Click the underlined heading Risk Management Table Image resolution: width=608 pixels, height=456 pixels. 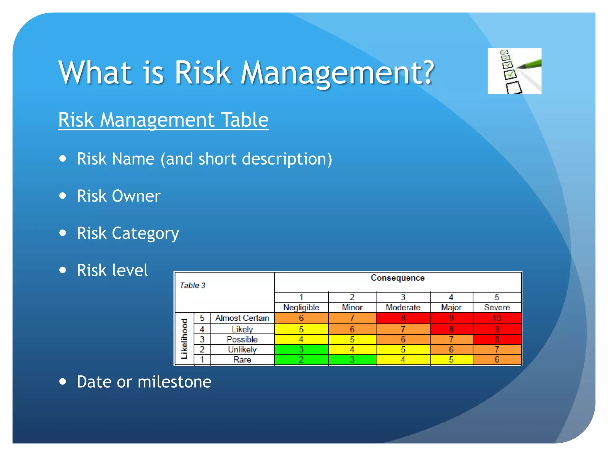click(163, 120)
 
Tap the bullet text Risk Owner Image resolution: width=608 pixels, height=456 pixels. click(118, 196)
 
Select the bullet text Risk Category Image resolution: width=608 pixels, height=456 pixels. click(128, 233)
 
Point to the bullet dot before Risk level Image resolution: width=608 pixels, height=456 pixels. click(63, 270)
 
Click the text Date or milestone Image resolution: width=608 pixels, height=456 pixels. click(144, 382)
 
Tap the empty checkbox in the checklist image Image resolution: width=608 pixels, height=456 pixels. click(514, 88)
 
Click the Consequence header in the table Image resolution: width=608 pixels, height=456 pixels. click(398, 278)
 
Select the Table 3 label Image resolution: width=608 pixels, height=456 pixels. click(192, 286)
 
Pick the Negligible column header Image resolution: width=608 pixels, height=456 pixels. click(301, 307)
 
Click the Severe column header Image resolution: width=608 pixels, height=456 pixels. click(497, 307)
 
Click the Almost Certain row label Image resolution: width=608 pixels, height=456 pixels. click(242, 318)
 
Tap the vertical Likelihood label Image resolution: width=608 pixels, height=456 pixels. click(184, 339)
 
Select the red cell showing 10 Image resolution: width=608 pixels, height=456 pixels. click(497, 318)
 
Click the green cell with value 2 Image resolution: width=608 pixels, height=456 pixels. click(301, 360)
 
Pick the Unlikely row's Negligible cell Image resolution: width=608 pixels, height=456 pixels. click(301, 349)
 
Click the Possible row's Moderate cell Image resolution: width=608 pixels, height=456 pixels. click(403, 339)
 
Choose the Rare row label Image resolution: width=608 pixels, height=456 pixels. click(242, 360)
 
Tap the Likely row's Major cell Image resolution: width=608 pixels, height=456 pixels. click(451, 329)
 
